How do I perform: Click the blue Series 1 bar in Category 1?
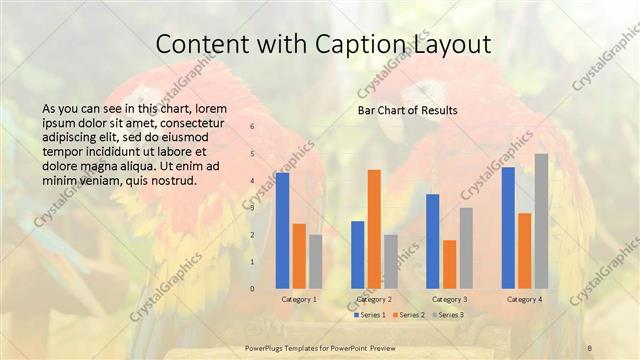[x=282, y=230]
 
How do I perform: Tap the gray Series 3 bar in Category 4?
[x=541, y=221]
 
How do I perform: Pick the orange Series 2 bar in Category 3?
[x=449, y=264]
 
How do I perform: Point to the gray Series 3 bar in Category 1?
[x=316, y=261]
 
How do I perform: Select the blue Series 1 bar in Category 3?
[x=433, y=241]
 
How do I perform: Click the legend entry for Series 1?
[x=370, y=315]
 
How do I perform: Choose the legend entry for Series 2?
[x=410, y=315]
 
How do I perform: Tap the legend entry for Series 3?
[x=449, y=315]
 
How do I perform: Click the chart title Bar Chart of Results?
[x=408, y=110]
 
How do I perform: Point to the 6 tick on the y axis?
[x=252, y=127]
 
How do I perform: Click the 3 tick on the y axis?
[x=252, y=208]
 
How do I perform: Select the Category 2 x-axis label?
[x=374, y=299]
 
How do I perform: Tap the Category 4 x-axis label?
[x=524, y=299]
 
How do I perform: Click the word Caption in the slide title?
[x=343, y=45]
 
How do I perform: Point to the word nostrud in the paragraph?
[x=172, y=182]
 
